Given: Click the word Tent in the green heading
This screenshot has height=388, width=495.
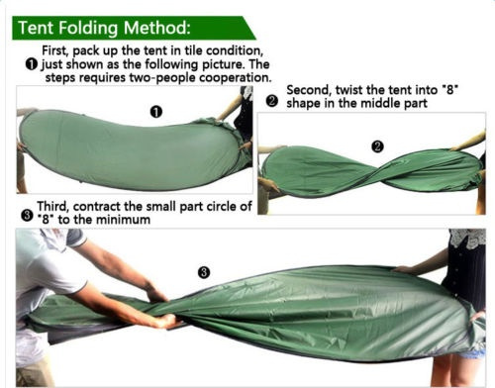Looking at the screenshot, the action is pos(36,28).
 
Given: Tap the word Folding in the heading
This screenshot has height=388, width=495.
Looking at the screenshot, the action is pos(88,28).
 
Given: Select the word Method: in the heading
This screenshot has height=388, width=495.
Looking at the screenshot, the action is pos(156,28).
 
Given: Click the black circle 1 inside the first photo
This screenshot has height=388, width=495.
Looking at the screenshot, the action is pos(156,112).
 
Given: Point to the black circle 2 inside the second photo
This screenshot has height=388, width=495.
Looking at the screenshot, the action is pos(377,146).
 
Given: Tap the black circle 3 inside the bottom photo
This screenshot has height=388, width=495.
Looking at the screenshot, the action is pos(204,272).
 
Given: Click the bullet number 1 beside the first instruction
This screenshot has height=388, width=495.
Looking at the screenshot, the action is pos(31,64).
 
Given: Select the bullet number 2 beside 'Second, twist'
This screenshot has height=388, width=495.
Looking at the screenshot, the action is pos(272,101).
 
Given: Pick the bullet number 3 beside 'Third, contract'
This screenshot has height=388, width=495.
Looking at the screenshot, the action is pos(27,216).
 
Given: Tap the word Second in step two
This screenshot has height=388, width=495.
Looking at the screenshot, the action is pos(309,90).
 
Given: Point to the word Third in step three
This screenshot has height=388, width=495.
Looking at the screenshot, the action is pos(52,206).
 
